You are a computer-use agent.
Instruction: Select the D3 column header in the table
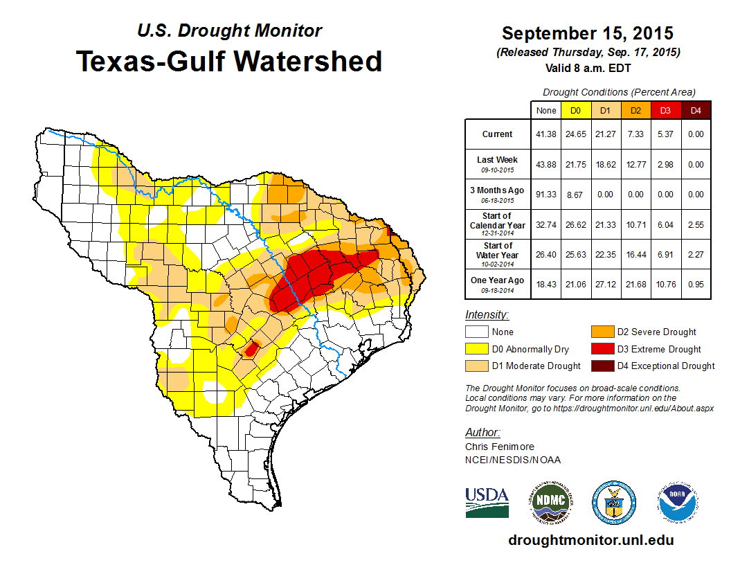pos(665,110)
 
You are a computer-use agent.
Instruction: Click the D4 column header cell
pos(695,110)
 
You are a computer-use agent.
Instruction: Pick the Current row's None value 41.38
pos(546,134)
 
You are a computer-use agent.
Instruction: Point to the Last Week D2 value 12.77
pos(635,164)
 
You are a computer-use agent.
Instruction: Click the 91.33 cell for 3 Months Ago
pos(546,195)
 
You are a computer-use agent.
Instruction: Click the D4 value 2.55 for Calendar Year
pos(695,224)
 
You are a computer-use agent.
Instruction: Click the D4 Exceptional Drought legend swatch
pos(602,366)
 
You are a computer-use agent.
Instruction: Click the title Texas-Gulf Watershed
pos(229,61)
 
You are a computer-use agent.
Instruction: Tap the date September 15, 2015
pos(588,33)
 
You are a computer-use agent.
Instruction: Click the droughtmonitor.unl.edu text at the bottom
pos(590,540)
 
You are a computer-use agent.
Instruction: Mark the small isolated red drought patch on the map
pos(252,348)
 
